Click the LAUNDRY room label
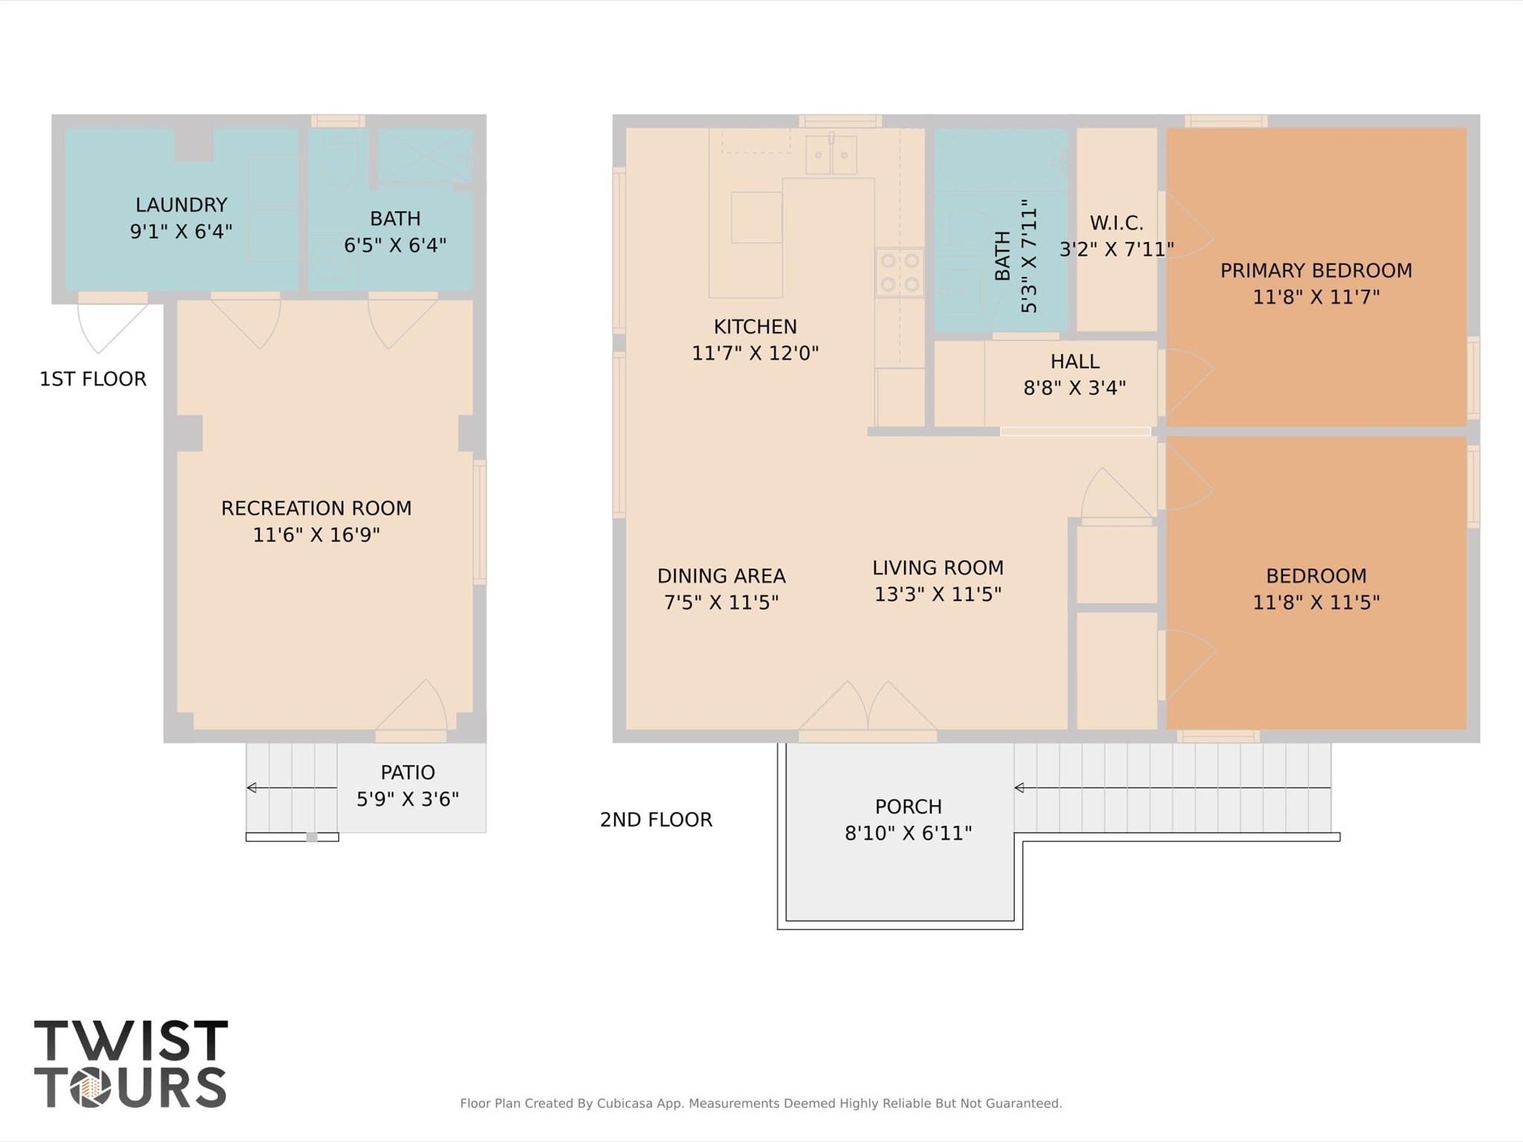point(181,205)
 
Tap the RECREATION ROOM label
point(316,508)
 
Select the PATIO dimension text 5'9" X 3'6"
point(408,799)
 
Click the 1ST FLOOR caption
point(93,379)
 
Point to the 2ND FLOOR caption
point(656,819)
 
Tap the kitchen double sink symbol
point(831,155)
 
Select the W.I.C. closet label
point(1116,222)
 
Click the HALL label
point(1074,362)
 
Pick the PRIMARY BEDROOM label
point(1315,270)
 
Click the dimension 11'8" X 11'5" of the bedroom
point(1315,602)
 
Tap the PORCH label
point(908,806)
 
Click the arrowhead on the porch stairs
point(1019,787)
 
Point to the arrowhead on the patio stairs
point(251,787)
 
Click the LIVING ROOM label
point(937,568)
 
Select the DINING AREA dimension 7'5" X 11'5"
point(721,602)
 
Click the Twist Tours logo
point(131,1064)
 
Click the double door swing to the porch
point(868,706)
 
